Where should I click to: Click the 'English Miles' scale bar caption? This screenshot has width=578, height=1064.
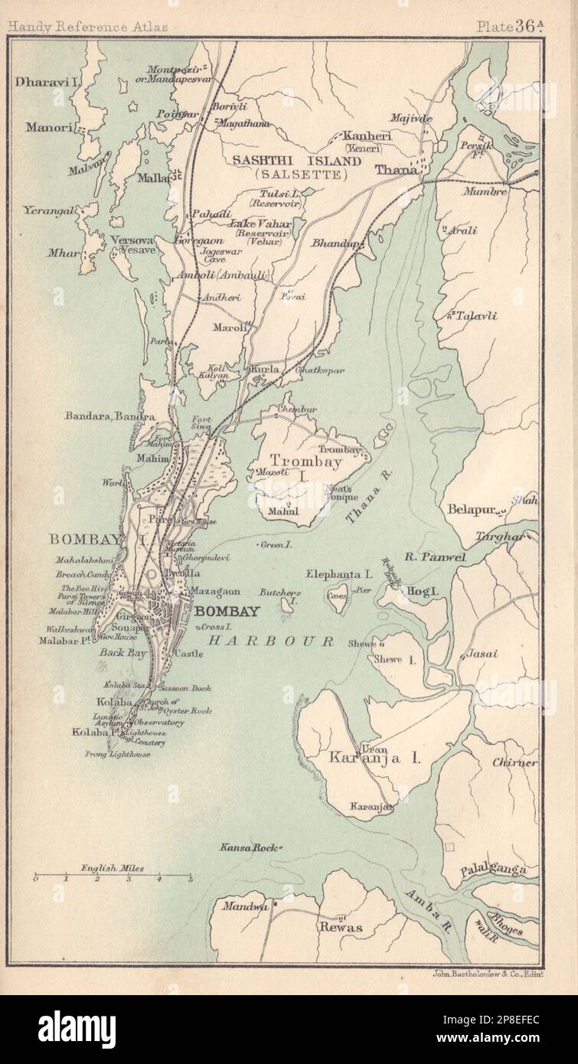pos(113,870)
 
